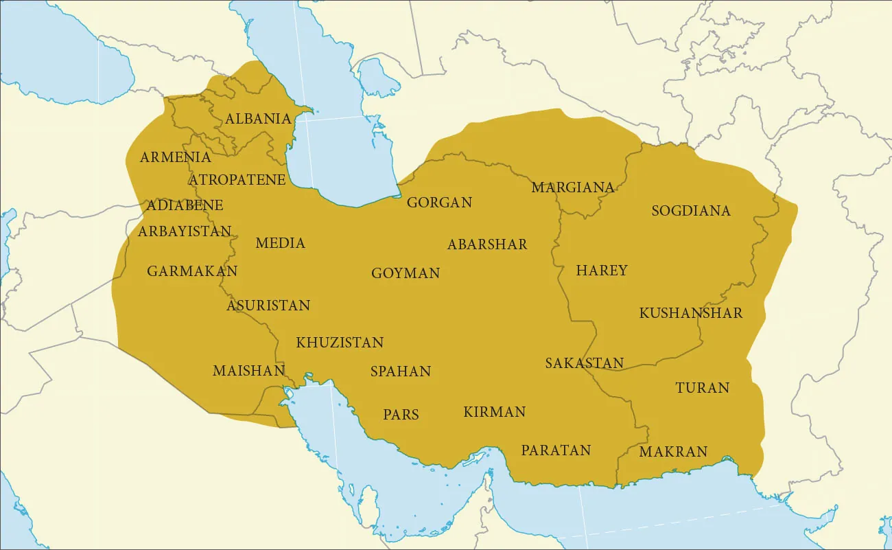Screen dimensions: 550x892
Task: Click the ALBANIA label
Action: pyautogui.click(x=258, y=119)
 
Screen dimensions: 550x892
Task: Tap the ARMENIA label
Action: pyautogui.click(x=175, y=157)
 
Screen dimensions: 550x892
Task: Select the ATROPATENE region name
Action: pyautogui.click(x=237, y=180)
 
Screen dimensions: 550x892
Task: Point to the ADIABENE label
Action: pyautogui.click(x=185, y=205)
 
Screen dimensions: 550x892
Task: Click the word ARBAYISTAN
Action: pyautogui.click(x=185, y=231)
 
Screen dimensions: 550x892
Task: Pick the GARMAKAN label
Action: pyautogui.click(x=192, y=271)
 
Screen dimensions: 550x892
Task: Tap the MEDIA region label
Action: pyautogui.click(x=280, y=243)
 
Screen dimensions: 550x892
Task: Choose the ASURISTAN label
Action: pyautogui.click(x=268, y=306)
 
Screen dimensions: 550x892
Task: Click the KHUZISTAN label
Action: pyautogui.click(x=340, y=343)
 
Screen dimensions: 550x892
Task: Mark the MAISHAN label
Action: pyautogui.click(x=248, y=371)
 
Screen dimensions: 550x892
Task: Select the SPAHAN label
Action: pyautogui.click(x=401, y=371)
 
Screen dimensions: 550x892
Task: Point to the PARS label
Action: pyautogui.click(x=401, y=415)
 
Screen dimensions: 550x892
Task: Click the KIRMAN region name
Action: pyautogui.click(x=494, y=412)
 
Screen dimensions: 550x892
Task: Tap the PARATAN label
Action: pyautogui.click(x=556, y=450)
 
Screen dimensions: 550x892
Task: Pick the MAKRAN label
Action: pyautogui.click(x=673, y=452)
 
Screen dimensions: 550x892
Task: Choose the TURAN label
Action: pyautogui.click(x=702, y=388)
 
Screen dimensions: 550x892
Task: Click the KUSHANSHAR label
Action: pyautogui.click(x=690, y=313)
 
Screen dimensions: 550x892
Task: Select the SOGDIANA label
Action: pyautogui.click(x=691, y=211)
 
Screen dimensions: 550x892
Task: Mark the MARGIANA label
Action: pyautogui.click(x=573, y=187)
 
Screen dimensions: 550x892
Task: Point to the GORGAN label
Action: pyautogui.click(x=439, y=203)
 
